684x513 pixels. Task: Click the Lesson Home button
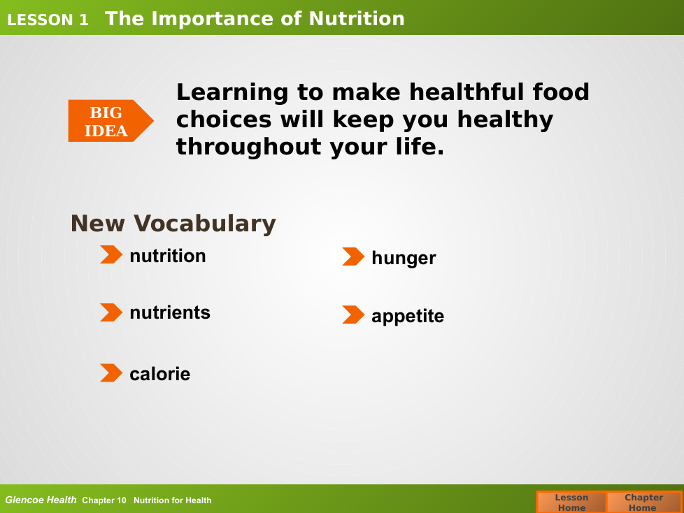click(x=571, y=502)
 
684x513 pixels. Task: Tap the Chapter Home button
click(x=643, y=502)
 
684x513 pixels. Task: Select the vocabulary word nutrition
click(x=168, y=256)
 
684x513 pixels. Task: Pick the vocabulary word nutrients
click(x=170, y=312)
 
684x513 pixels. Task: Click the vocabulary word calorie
click(x=159, y=374)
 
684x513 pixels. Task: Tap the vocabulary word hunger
click(x=404, y=258)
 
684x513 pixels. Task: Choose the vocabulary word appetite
click(x=408, y=316)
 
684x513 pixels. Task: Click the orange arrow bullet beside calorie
click(x=111, y=373)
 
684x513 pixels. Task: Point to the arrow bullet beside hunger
click(x=353, y=256)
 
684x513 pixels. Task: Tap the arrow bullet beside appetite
click(x=353, y=315)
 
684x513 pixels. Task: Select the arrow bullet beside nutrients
click(x=111, y=312)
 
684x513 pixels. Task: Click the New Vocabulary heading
click(x=173, y=224)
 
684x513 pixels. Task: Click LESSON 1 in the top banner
click(x=48, y=20)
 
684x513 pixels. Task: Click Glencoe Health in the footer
click(x=41, y=500)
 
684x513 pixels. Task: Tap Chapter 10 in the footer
click(x=104, y=500)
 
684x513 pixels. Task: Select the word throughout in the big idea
click(x=249, y=147)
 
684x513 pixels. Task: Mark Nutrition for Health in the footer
click(x=172, y=500)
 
